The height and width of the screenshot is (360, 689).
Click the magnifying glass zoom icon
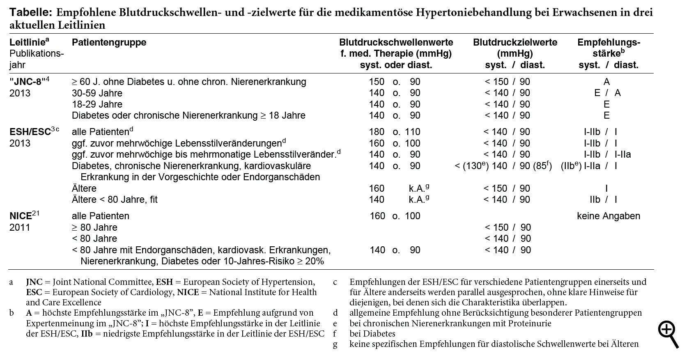668,334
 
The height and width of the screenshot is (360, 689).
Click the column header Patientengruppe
109,42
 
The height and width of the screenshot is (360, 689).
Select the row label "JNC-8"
27,82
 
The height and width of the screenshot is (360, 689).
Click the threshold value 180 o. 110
395,132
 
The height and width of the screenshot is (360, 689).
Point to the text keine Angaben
608,216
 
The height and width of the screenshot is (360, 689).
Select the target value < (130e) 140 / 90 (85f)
503,166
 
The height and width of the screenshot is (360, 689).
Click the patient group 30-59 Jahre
97,93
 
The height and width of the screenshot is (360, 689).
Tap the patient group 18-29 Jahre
97,104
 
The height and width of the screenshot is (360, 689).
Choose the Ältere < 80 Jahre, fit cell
115,199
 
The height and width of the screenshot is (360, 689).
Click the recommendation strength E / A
607,93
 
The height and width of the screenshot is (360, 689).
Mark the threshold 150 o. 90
395,82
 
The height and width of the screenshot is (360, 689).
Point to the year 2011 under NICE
20,227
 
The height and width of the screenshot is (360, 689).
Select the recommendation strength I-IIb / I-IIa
607,154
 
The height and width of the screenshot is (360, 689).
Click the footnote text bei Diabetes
372,334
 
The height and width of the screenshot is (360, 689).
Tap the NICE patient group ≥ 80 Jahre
94,227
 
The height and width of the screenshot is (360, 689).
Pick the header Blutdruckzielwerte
515,42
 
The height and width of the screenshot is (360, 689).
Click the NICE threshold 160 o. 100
395,216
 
